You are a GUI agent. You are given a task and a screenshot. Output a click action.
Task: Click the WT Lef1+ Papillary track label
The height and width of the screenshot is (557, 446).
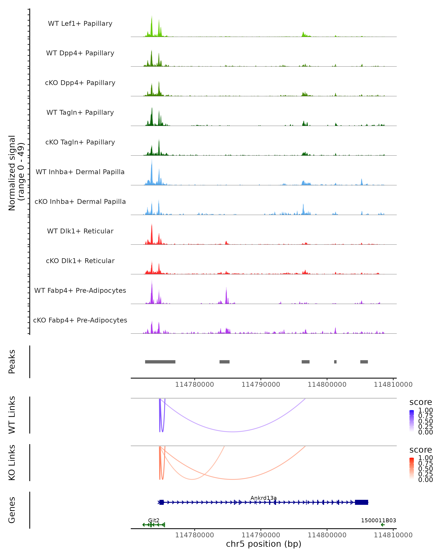coord(80,24)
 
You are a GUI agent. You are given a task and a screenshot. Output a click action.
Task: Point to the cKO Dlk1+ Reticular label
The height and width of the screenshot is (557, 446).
coord(80,261)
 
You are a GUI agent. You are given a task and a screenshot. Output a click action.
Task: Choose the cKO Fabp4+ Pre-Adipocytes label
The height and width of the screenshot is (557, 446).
coord(80,320)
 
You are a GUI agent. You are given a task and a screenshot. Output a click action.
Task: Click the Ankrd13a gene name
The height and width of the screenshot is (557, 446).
coord(264,498)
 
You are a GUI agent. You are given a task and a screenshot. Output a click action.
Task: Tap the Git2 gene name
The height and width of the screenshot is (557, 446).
coord(153,520)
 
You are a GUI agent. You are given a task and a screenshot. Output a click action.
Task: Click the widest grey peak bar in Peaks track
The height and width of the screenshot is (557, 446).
coord(160,362)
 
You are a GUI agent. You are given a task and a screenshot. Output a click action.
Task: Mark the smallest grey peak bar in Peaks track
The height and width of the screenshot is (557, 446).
coord(335,362)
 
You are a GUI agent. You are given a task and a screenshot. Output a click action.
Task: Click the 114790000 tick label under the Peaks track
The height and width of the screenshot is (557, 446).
coord(261,385)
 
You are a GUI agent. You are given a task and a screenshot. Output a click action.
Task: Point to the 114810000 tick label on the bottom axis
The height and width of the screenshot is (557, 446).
coord(393,535)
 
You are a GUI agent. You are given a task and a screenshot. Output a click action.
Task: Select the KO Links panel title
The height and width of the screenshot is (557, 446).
coord(12,463)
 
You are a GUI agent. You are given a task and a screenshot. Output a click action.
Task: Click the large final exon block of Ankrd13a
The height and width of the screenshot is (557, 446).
coord(361,502)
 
